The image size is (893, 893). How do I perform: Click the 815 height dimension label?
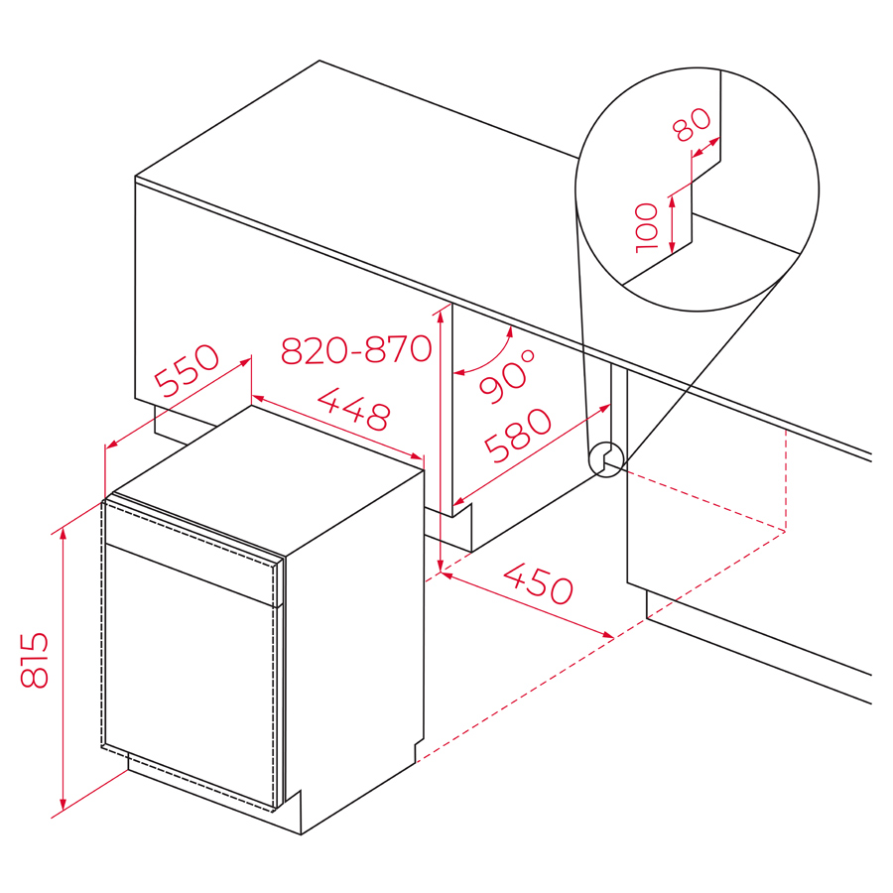(x=34, y=660)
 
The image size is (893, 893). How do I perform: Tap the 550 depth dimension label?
(x=187, y=369)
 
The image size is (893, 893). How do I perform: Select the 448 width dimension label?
(x=354, y=409)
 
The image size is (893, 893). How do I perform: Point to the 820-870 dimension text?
(x=356, y=349)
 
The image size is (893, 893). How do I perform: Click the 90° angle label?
(x=507, y=376)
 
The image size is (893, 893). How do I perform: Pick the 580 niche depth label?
(x=518, y=435)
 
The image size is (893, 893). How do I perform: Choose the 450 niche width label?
(x=538, y=583)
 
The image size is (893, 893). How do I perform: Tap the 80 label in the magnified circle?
(x=692, y=124)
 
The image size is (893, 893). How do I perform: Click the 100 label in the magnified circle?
(x=646, y=227)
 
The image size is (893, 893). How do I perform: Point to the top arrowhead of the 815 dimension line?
(x=63, y=533)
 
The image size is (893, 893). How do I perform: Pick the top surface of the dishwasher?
(x=268, y=479)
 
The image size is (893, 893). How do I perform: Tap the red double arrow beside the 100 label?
(x=672, y=224)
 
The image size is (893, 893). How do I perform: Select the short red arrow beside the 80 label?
(x=705, y=147)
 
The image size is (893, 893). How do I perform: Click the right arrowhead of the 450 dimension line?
(x=608, y=635)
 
